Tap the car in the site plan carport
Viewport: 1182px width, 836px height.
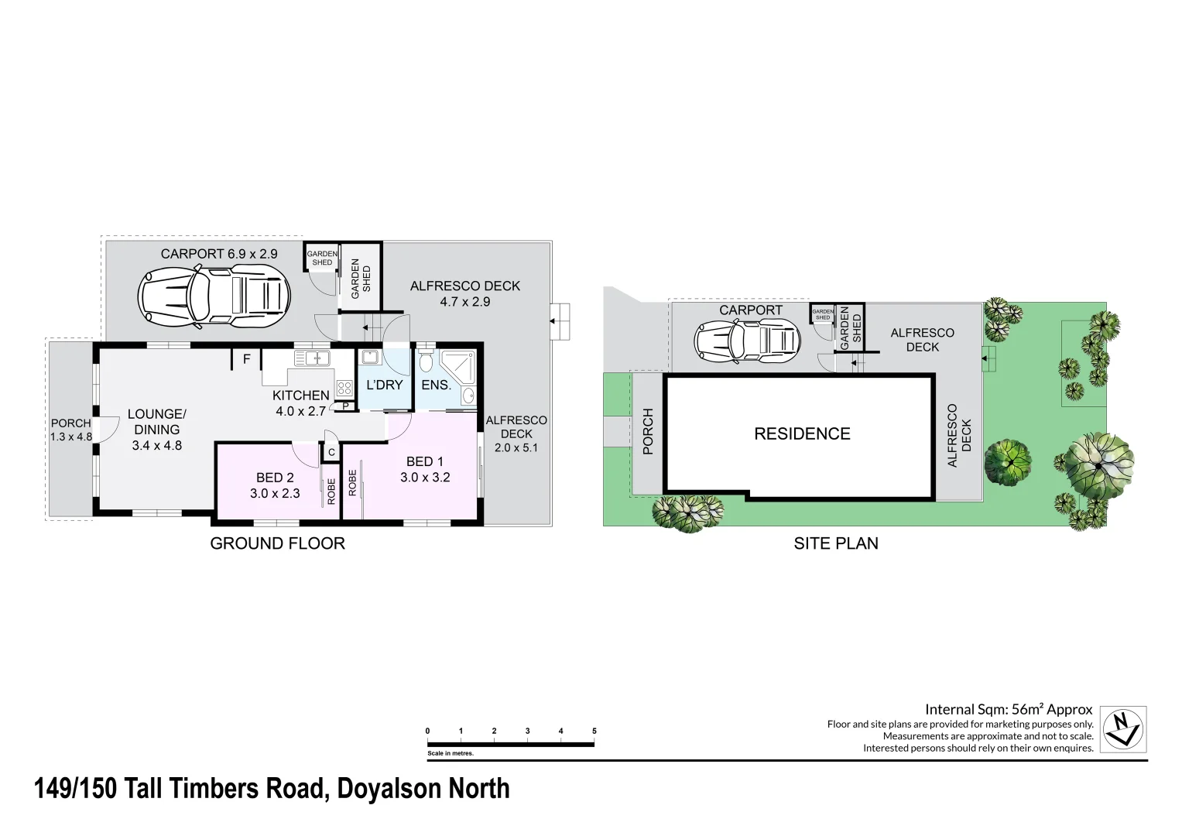coord(748,339)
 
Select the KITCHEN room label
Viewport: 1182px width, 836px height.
coord(301,396)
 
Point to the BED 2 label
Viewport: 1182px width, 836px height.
coord(274,478)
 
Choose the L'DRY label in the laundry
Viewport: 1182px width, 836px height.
coord(385,385)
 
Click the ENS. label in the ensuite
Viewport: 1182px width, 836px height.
coord(436,385)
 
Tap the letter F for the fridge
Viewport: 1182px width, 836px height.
coord(247,360)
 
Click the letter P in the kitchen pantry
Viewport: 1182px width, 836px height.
coord(345,406)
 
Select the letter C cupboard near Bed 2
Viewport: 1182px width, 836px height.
coord(331,452)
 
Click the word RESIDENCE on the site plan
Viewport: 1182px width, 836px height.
coord(802,434)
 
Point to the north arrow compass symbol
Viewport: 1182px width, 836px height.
coord(1123,729)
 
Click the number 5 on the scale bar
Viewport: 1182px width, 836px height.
coord(594,731)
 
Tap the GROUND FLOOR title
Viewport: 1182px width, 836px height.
coord(277,543)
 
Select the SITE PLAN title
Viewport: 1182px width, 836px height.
coord(836,543)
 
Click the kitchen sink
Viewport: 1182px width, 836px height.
coord(312,358)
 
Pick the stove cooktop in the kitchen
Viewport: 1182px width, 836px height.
coord(344,389)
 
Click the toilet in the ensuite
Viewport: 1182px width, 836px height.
coord(426,362)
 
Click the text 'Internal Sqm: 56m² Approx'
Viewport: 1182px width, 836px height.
coord(1009,709)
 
